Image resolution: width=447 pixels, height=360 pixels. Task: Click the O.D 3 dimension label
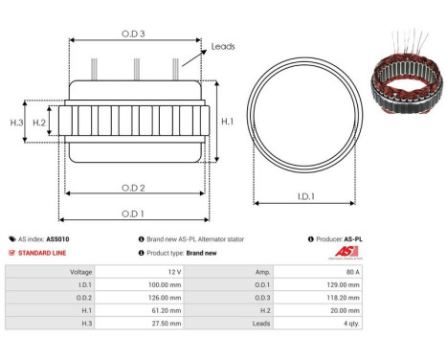coord(133,34)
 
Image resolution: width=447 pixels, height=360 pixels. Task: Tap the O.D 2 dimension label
coord(133,187)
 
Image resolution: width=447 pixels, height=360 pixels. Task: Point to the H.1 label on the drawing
coord(227,122)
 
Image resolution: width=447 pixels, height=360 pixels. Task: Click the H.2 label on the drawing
coord(39,123)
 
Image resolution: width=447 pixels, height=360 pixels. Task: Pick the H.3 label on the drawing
coord(16,123)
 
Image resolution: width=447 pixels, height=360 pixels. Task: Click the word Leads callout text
coord(223,46)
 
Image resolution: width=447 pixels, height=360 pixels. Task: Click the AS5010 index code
coord(57,239)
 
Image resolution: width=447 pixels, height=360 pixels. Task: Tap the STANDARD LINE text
coord(44,253)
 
